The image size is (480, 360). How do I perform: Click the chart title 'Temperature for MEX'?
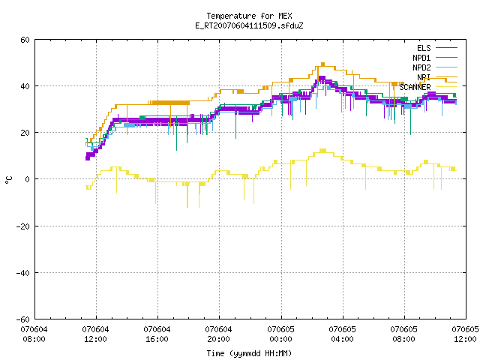tap(249, 16)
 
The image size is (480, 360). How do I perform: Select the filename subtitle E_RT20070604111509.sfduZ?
tap(249, 25)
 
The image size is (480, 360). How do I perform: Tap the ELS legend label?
tap(424, 48)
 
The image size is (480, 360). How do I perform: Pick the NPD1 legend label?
tap(421, 58)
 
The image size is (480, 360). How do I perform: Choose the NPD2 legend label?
tap(421, 67)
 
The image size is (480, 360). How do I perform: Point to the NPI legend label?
tap(424, 77)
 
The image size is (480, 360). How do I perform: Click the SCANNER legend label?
tap(415, 87)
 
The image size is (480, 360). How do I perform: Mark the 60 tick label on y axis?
tap(25, 40)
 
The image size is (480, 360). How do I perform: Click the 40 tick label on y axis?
tap(25, 86)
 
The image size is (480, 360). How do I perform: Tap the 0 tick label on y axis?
tap(28, 179)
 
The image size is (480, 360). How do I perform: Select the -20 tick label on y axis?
tap(23, 226)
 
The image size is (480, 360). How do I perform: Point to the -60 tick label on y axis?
tap(23, 319)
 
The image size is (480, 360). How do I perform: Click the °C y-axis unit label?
tap(8, 180)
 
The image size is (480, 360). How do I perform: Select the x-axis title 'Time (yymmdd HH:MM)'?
tap(249, 353)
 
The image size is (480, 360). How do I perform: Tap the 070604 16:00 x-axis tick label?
tap(157, 334)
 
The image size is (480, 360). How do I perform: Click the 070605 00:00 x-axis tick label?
tap(280, 334)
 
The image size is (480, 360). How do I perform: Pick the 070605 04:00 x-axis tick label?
tap(342, 334)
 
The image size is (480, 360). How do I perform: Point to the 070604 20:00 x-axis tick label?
tap(218, 334)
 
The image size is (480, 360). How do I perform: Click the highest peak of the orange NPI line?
tap(322, 64)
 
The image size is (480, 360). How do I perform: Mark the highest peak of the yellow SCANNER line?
tap(322, 150)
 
